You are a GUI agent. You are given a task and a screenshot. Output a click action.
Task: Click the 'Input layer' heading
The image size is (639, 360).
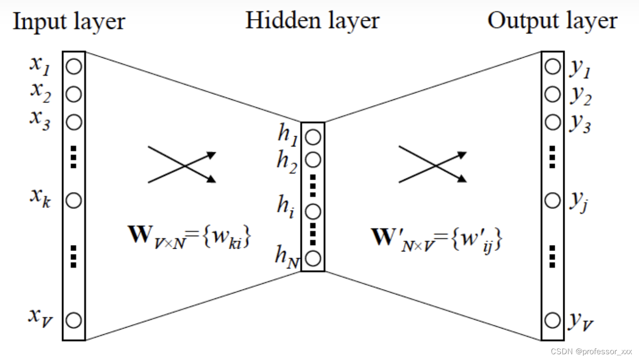69,22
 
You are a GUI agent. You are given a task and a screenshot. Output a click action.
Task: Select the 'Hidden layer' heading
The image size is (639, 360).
312,21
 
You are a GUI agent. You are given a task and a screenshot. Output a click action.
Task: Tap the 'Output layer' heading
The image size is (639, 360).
552,21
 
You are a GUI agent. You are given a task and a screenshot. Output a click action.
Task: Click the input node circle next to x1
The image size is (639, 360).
74,67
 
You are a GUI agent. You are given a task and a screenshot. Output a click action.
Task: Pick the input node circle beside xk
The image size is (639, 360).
74,200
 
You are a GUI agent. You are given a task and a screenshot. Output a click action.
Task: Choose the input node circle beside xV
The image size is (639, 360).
74,320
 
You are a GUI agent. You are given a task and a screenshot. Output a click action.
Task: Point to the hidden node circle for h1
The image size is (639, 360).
313,137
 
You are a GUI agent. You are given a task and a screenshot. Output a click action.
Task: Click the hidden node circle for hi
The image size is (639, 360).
313,211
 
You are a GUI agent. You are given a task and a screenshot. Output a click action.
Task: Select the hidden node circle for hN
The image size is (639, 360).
313,258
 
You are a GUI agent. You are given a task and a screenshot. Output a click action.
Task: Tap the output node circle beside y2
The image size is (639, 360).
552,94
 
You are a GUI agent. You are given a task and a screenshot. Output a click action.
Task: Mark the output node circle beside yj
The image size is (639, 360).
552,200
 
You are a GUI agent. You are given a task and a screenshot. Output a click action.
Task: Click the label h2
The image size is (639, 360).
287,162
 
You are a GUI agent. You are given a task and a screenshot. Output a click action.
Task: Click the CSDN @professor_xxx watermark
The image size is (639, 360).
591,352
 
